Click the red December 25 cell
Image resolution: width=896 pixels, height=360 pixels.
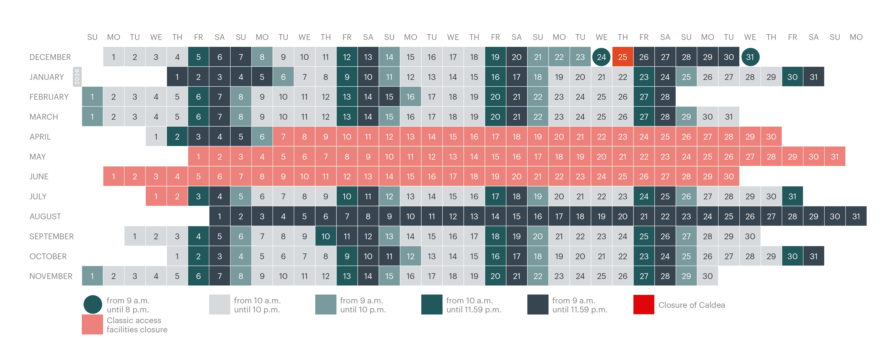pos(623,57)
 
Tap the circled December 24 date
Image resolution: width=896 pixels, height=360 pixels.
pos(601,57)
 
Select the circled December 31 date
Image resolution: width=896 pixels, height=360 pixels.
pos(750,57)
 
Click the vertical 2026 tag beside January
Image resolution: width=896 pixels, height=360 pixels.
pos(77,77)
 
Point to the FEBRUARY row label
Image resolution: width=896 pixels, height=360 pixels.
pos(49,97)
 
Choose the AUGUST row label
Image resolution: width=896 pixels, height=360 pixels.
pos(45,216)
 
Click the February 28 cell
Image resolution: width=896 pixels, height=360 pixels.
pos(665,97)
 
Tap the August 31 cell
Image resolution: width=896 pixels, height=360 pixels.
pos(856,216)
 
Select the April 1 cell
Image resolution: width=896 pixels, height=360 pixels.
pos(156,137)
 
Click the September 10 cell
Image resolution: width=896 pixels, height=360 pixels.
pos(326,237)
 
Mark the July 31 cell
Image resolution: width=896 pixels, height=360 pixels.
pos(792,197)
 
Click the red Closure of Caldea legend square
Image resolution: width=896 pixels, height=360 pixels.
pos(644,305)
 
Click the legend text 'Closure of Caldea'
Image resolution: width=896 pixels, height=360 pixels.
pos(692,305)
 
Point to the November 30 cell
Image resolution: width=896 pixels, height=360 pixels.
pos(707,276)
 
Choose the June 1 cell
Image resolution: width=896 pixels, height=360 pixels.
pos(113,177)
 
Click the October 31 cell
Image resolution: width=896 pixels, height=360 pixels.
pos(814,256)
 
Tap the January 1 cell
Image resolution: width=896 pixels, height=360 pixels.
pos(177,77)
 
